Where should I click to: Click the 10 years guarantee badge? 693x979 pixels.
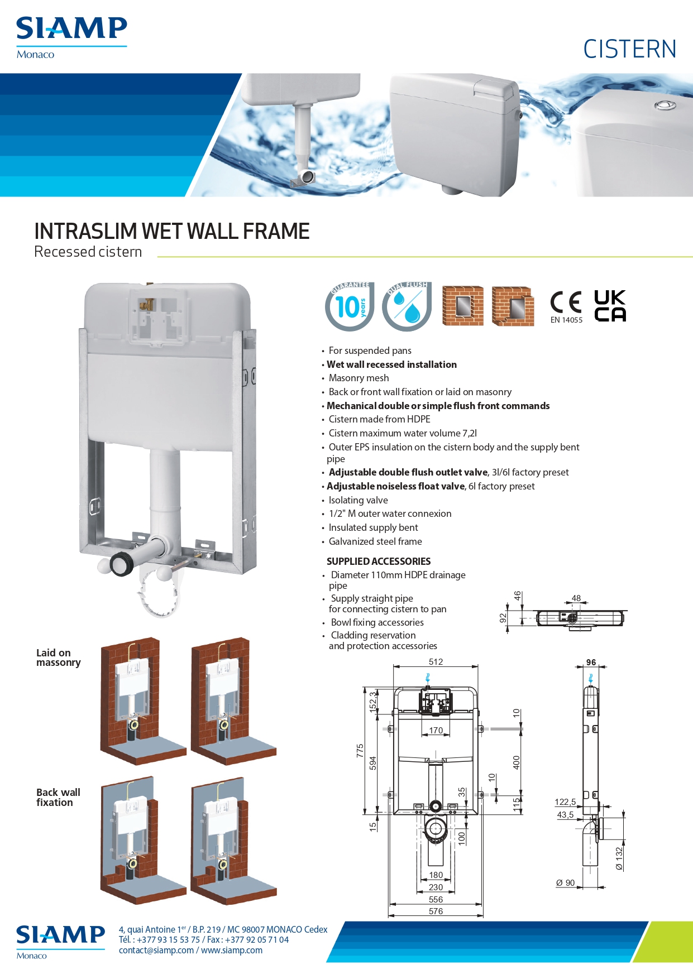click(x=350, y=306)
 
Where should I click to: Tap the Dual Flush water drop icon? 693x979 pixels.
click(x=407, y=306)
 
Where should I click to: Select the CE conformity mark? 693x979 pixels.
click(x=566, y=302)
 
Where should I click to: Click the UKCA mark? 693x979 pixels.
click(x=610, y=305)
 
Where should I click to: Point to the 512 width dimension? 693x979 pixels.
click(x=436, y=662)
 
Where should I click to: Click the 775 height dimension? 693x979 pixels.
click(x=360, y=750)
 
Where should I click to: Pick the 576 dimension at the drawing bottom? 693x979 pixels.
click(x=436, y=911)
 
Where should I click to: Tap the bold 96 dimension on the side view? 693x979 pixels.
click(x=591, y=663)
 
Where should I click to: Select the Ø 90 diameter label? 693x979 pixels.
click(x=565, y=883)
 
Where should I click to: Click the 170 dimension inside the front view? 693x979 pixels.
click(x=436, y=731)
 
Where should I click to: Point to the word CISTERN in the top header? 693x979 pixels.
click(x=630, y=49)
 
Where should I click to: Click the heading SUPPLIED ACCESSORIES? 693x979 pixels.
click(x=379, y=562)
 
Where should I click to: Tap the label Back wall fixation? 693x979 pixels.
click(x=58, y=797)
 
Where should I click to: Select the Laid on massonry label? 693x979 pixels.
click(x=59, y=658)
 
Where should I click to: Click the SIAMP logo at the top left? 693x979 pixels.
click(x=71, y=37)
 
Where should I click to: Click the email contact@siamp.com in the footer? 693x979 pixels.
click(x=156, y=950)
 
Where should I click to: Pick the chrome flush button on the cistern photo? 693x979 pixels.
click(x=665, y=105)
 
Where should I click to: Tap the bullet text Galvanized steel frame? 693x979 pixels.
click(x=375, y=541)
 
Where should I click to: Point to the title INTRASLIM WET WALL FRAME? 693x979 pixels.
click(x=172, y=231)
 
